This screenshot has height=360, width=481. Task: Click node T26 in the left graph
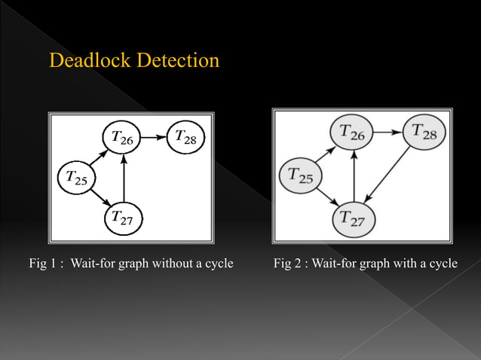[122, 137]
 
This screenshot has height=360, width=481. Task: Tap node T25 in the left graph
[76, 178]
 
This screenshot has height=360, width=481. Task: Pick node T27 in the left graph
[122, 218]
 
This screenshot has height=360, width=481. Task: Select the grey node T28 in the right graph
[424, 133]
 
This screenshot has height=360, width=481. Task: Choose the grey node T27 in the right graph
[354, 218]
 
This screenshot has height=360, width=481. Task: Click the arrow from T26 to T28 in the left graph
[153, 138]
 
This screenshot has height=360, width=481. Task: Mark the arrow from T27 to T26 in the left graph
[122, 178]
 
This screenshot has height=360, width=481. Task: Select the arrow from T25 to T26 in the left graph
[98, 157]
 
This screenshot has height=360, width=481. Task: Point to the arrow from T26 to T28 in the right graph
[388, 133]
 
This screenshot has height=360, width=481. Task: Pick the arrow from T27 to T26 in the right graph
[354, 176]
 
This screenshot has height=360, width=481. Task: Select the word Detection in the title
[179, 60]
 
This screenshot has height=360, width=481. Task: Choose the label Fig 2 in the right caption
[290, 263]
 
